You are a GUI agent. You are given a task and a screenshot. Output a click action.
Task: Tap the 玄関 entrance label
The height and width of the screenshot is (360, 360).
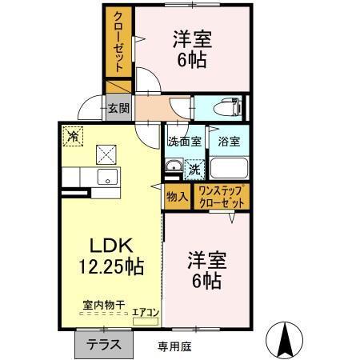118,109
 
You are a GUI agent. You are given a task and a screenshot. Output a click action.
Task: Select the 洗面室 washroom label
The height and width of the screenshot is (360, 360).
182,142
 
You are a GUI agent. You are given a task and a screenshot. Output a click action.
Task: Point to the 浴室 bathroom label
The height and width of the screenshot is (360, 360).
229,142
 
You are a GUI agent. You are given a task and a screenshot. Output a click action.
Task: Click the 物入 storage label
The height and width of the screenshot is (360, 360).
177,195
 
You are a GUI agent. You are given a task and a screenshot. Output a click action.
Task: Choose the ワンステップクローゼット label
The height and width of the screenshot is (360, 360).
223,197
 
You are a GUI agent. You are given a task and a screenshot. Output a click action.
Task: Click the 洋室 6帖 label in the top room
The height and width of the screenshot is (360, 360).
192,49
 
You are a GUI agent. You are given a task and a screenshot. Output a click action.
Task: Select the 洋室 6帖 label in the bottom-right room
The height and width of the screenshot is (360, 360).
206,270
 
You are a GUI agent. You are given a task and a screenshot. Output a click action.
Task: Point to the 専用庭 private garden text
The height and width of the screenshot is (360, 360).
174,346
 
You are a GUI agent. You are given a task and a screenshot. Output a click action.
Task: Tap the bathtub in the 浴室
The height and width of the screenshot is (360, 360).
229,170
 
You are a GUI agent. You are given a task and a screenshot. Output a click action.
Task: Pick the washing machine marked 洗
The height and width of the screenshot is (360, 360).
194,170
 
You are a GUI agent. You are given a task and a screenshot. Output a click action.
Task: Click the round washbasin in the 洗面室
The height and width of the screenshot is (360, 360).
174,166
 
